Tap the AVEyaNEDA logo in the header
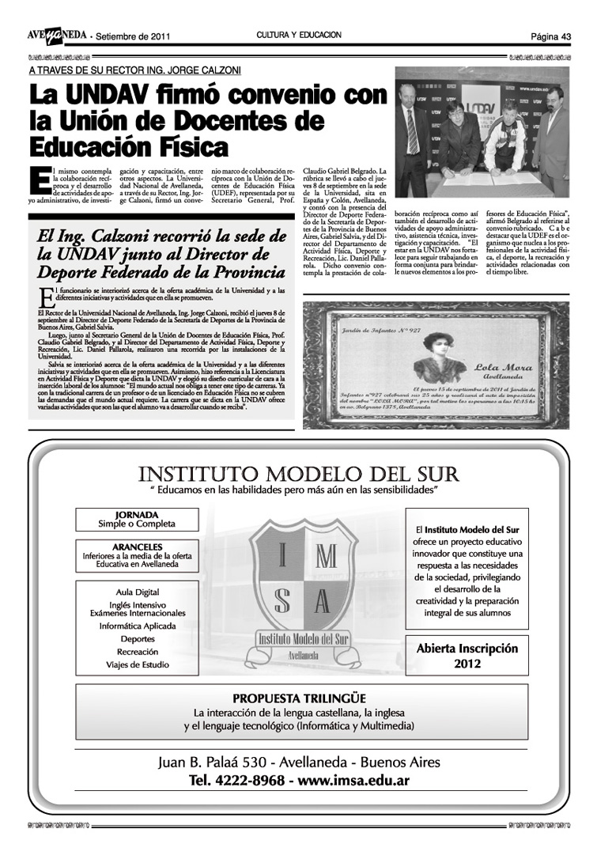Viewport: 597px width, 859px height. pos(56,36)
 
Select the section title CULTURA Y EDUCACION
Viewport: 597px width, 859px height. pos(298,36)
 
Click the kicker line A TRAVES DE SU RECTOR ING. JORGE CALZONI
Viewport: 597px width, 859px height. pos(134,70)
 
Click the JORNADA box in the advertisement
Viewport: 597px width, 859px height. pos(137,519)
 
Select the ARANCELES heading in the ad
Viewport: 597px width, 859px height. pos(137,547)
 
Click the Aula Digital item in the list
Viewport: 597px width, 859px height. pos(137,592)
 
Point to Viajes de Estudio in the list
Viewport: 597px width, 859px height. pos(137,664)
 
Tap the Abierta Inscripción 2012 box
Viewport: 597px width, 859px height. pos(467,655)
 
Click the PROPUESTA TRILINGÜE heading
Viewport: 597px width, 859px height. pos(299,698)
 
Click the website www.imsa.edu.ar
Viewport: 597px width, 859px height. pos(353,781)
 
